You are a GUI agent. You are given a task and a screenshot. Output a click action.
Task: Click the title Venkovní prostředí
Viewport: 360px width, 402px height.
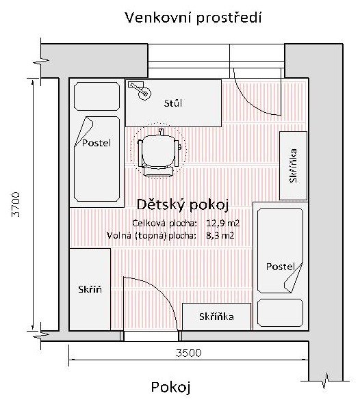pyautogui.click(x=193, y=18)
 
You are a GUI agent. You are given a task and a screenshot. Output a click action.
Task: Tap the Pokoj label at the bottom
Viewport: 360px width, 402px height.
pyautogui.click(x=171, y=387)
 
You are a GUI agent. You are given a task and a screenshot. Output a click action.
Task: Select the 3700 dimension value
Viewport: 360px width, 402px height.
pyautogui.click(x=16, y=204)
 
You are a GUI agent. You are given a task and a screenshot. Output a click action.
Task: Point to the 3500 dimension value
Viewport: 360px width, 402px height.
pyautogui.click(x=188, y=353)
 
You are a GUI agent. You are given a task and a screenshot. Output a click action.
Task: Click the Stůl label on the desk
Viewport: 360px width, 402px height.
pyautogui.click(x=173, y=103)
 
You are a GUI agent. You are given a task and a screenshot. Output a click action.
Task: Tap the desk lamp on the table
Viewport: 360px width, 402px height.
pyautogui.click(x=140, y=90)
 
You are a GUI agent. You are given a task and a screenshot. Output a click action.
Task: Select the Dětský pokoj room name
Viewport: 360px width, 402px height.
pyautogui.click(x=183, y=205)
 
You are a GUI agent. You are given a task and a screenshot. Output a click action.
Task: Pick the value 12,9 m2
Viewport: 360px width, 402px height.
pyautogui.click(x=222, y=223)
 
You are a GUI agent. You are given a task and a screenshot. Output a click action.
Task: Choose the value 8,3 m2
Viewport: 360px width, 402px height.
pyautogui.click(x=220, y=235)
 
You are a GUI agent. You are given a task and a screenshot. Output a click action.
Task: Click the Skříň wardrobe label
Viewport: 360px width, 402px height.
pyautogui.click(x=90, y=289)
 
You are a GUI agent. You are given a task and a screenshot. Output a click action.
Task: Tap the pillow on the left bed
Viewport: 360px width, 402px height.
pyautogui.click(x=97, y=96)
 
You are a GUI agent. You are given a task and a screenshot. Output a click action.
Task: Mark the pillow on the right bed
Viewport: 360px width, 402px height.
pyautogui.click(x=280, y=312)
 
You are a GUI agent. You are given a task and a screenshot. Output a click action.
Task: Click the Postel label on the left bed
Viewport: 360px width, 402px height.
pyautogui.click(x=97, y=143)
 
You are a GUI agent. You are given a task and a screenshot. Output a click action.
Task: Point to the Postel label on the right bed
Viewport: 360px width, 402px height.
pyautogui.click(x=280, y=267)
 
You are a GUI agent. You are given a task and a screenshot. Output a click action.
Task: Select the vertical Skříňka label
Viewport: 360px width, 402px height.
pyautogui.click(x=293, y=165)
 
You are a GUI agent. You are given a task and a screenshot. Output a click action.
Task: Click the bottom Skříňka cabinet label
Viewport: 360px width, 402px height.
pyautogui.click(x=216, y=317)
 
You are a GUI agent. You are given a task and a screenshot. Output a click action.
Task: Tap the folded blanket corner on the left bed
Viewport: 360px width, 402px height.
pyautogui.click(x=84, y=131)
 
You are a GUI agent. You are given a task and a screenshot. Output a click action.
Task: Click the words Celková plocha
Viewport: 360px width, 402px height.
pyautogui.click(x=164, y=224)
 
